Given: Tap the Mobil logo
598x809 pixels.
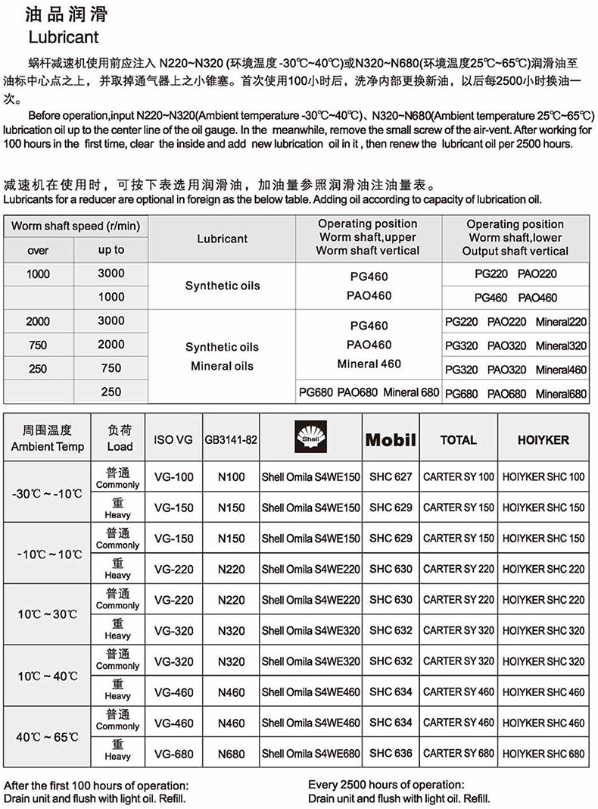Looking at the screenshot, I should (391, 440).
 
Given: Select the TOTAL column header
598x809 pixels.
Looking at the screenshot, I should (459, 440).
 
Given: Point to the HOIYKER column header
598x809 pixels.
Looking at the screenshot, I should (543, 440).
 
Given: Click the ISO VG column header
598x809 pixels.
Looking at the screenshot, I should (173, 440).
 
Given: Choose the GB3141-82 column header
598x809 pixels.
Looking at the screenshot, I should (231, 440).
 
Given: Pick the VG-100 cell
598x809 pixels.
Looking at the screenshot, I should (173, 477).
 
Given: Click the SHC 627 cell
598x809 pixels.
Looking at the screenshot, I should (391, 477).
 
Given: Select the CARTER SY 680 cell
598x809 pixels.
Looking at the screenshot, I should (459, 754).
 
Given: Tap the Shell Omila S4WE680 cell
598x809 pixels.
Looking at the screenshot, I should (310, 754).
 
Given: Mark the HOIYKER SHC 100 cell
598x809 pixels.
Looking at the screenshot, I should (543, 477).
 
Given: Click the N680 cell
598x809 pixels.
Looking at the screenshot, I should (231, 754).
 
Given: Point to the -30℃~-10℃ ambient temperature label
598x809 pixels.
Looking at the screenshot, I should (48, 493).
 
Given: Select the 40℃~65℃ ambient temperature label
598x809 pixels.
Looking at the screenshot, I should (48, 737).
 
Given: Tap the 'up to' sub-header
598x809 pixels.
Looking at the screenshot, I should (111, 250).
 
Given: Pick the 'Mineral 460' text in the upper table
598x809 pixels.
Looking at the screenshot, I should (369, 364).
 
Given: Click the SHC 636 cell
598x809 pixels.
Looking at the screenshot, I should (391, 754).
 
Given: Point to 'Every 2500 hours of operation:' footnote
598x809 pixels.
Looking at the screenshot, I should (386, 786).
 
